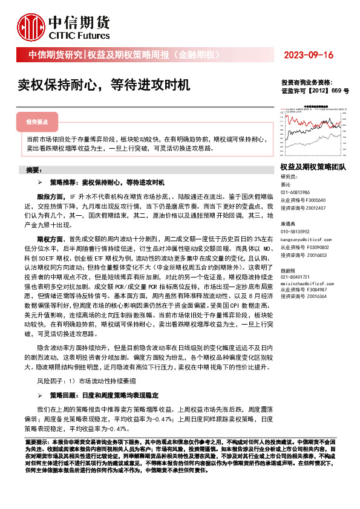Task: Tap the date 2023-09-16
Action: pos(308,56)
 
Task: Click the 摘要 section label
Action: pos(29,169)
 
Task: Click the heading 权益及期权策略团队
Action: pos(313,166)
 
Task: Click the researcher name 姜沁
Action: pos(286,184)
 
